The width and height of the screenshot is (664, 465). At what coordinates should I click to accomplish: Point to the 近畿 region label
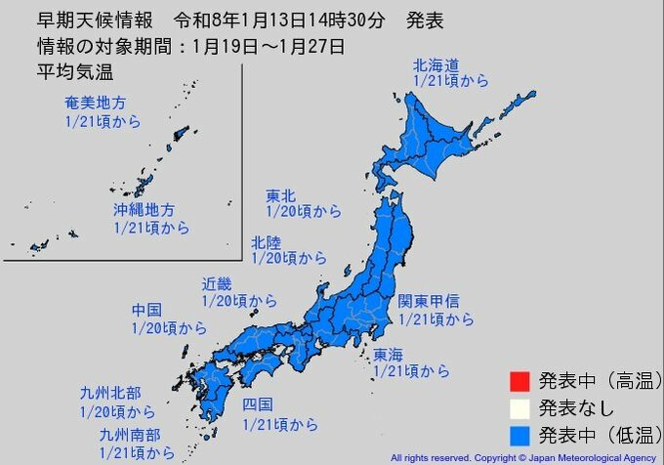point(217,284)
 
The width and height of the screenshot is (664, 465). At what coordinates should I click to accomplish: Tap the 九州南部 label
point(129,435)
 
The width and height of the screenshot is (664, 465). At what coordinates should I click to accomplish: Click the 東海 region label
point(388,354)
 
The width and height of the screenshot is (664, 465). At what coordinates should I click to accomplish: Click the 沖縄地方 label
point(143,210)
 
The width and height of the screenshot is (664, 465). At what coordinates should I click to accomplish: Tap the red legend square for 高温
point(519,380)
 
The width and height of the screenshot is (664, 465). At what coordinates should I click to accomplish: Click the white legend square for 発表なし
point(519,405)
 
